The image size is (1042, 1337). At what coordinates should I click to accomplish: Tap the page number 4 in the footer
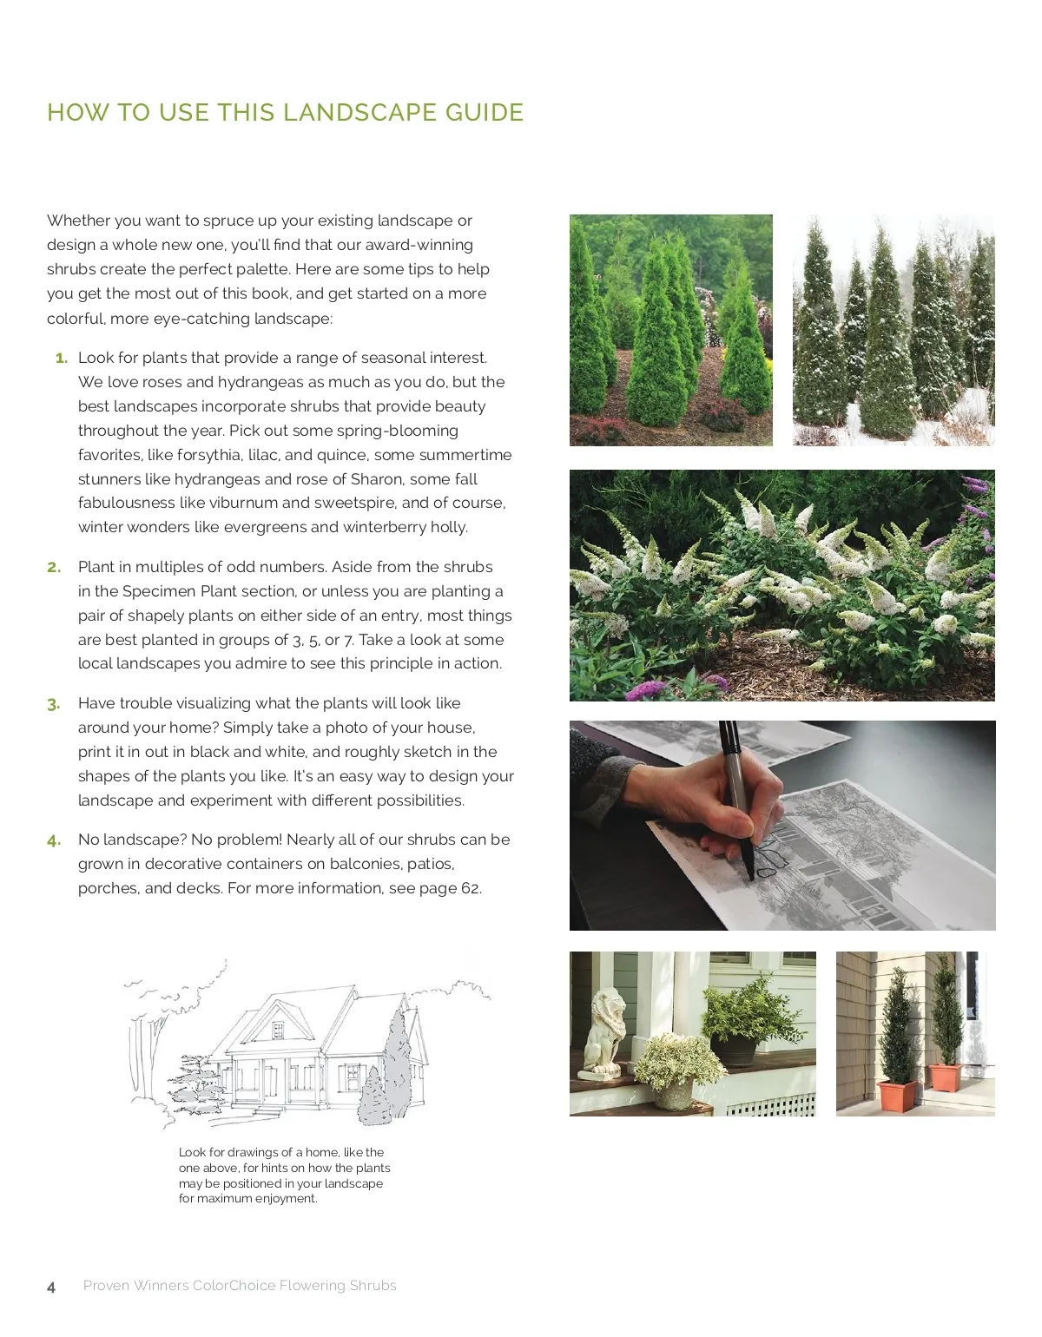[x=51, y=1287]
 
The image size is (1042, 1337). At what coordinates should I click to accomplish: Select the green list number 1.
[x=62, y=358]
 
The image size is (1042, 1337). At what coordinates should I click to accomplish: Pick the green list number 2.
[x=54, y=567]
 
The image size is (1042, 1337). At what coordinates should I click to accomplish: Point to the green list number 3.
[x=54, y=704]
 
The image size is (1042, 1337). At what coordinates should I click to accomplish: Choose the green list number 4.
[x=54, y=840]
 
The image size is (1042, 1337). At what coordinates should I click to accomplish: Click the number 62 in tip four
[x=470, y=888]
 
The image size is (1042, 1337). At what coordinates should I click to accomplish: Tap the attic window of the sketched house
[x=278, y=1030]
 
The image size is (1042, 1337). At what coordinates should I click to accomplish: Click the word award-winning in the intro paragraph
[x=419, y=246]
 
